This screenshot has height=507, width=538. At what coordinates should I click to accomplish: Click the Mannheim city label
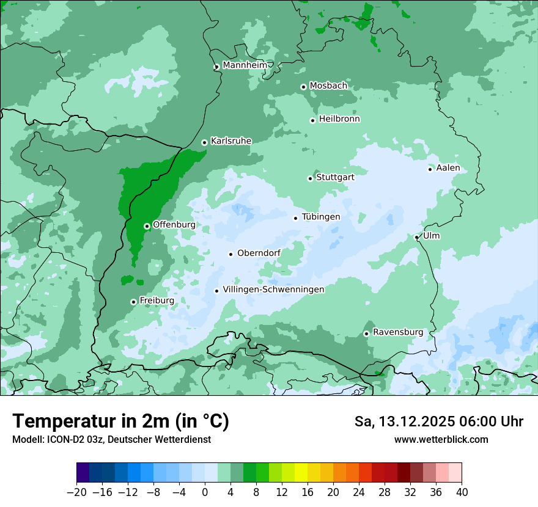pos(245,65)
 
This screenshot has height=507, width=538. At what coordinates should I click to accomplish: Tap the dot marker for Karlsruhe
pos(204,142)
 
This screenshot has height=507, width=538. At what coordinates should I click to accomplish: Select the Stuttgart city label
pos(335,177)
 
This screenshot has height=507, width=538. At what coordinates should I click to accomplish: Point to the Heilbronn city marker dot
pos(312,120)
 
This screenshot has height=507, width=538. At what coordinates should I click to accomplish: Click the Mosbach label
pos(328,86)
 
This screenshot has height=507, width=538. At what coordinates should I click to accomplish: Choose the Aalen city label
pos(448,168)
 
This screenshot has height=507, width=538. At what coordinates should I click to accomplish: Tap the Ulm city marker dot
pos(416,238)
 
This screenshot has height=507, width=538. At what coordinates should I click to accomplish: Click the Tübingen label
pos(321,217)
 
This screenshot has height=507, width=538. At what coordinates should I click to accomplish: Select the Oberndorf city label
pos(259,253)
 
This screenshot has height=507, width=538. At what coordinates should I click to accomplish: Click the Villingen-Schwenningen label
pos(273,290)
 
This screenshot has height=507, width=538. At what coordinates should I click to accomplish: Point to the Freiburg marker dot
pos(133,302)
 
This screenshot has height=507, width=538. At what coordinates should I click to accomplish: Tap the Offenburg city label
pos(174,225)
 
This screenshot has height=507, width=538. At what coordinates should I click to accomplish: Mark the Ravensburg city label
pos(398,332)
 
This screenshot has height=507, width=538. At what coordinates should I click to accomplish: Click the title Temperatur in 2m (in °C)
pos(120,421)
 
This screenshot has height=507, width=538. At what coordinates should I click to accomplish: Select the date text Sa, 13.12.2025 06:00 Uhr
pos(438,421)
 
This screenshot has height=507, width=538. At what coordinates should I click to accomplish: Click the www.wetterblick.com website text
pos(441,440)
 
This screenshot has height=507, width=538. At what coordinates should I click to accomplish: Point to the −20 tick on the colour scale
pos(76,492)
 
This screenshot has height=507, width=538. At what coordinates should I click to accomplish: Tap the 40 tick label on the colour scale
pos(462,492)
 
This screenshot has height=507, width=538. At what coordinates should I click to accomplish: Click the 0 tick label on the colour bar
pos(205,492)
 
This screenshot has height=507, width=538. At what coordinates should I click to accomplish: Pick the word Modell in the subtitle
pos(26,440)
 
